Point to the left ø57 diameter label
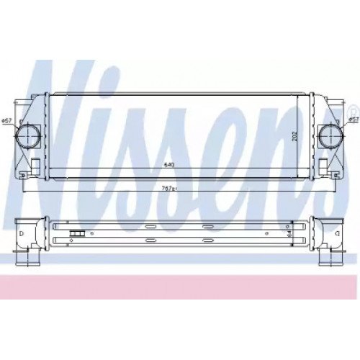tap(6, 121)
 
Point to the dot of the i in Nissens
tap(150, 76)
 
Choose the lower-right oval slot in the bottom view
tap(208, 239)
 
